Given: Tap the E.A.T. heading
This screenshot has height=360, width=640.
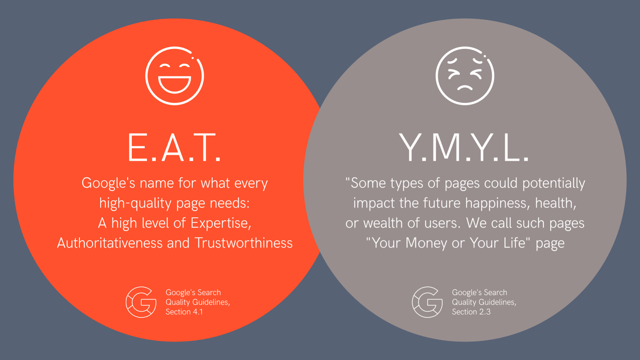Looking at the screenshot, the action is [174, 148].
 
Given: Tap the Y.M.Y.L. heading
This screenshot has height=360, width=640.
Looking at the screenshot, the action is [464, 148].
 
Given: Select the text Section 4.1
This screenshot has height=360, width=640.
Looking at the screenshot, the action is [184, 312].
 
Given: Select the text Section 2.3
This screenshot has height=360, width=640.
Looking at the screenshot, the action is [471, 312].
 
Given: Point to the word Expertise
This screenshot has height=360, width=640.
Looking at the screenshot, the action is [221, 224].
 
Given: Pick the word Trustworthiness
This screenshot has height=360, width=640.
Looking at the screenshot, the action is [244, 243].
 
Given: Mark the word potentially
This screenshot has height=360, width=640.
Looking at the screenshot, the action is [554, 184].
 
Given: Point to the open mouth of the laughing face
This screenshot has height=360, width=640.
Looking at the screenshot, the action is [174, 85].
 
